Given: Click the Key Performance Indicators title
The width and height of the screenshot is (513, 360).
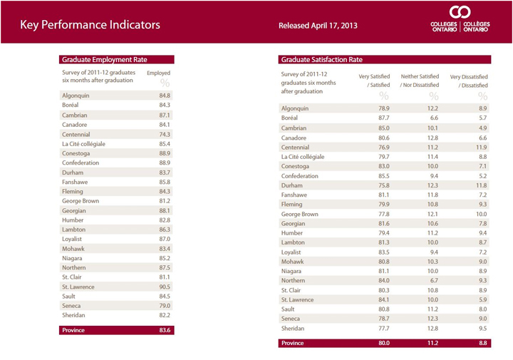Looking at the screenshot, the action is point(90,25).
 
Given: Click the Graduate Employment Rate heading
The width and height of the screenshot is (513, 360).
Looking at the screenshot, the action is point(105,60).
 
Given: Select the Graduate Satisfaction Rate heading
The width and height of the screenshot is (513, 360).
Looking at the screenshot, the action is point(322,60).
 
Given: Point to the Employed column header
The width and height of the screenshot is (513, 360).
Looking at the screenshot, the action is point(159,73).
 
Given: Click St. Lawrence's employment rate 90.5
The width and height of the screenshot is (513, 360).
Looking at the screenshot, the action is point(165,287).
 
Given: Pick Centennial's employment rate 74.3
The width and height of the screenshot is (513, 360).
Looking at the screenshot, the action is point(165,134).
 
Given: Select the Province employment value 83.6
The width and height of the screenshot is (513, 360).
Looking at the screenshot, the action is point(165,330).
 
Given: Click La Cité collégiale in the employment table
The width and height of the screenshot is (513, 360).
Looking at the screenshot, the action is point(84,144).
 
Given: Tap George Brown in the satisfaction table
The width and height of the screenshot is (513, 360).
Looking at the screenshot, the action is point(300,214).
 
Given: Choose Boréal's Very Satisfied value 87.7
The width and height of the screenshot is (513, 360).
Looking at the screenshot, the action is point(384,118).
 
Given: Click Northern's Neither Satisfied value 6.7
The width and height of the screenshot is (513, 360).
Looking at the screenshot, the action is point(432,280).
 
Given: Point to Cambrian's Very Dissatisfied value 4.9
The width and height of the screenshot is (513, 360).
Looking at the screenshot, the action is point(483,128).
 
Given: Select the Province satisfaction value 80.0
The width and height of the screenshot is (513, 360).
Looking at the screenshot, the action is point(384,343).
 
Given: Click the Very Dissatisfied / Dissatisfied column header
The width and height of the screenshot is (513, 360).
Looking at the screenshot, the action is point(469,81).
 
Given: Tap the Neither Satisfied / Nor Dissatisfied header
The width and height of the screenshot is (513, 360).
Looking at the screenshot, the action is point(420,81).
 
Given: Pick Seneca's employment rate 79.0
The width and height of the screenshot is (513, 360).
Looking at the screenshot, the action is point(165,306).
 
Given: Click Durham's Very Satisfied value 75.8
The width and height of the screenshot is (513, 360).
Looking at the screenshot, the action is point(384,185).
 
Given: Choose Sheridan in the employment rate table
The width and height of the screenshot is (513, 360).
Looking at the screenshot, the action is point(73,315).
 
